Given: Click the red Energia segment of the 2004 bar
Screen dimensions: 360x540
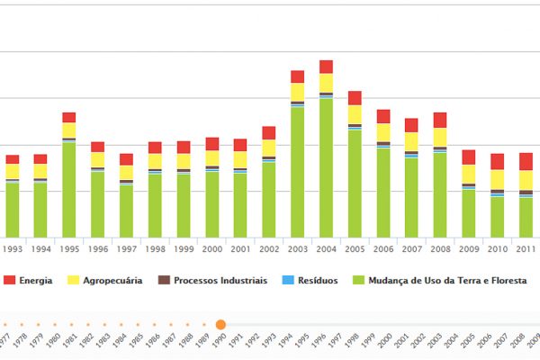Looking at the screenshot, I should coord(326,67).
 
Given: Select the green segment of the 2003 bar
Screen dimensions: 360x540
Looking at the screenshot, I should coord(297,171).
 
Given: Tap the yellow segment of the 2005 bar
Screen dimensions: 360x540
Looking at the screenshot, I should coord(355,114).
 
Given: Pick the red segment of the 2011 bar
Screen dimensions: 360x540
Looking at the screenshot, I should coord(526,161).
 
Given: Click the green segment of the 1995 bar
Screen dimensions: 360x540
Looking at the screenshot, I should coord(68,189).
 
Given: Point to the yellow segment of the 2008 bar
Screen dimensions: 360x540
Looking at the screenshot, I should coord(439,137).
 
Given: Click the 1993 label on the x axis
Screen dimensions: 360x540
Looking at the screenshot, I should coord(13,249).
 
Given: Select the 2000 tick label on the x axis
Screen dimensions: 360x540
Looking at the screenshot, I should coord(211,249).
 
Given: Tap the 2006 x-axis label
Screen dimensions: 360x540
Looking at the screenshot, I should coord(383,249).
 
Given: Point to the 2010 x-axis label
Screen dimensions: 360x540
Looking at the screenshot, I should coord(497,249).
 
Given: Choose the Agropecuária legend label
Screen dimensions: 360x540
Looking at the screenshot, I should coord(112,281).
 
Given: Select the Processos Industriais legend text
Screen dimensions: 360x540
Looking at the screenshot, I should coord(220,281).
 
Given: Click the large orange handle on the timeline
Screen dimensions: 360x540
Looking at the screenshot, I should coord(220,324).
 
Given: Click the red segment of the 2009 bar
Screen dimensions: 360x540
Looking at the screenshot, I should coord(468,157).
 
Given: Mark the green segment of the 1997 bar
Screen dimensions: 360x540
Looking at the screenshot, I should coord(126,211).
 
